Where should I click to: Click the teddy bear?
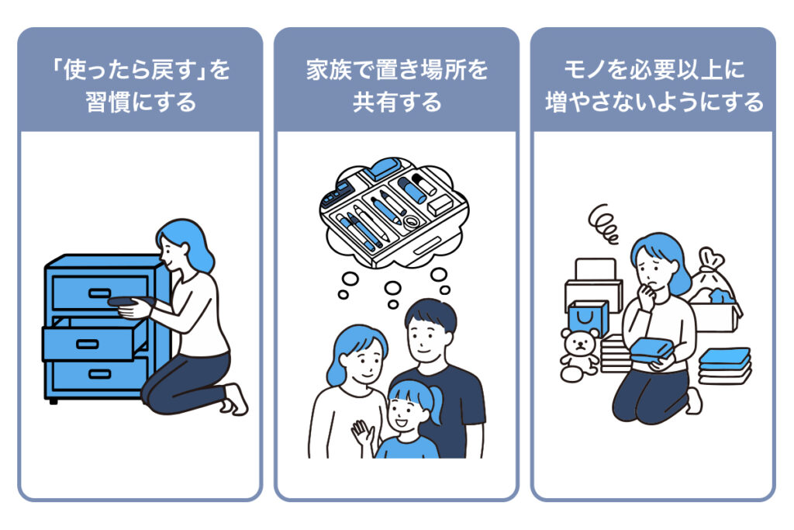578,355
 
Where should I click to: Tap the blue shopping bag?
588,319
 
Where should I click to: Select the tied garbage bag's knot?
710,258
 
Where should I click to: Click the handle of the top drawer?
99,293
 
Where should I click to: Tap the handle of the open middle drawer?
87,345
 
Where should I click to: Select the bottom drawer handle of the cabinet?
99,375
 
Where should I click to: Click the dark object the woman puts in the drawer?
129,302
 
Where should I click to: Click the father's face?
428,338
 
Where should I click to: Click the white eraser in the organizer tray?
439,205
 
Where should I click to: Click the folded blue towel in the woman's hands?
652,350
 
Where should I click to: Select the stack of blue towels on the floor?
725,365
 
